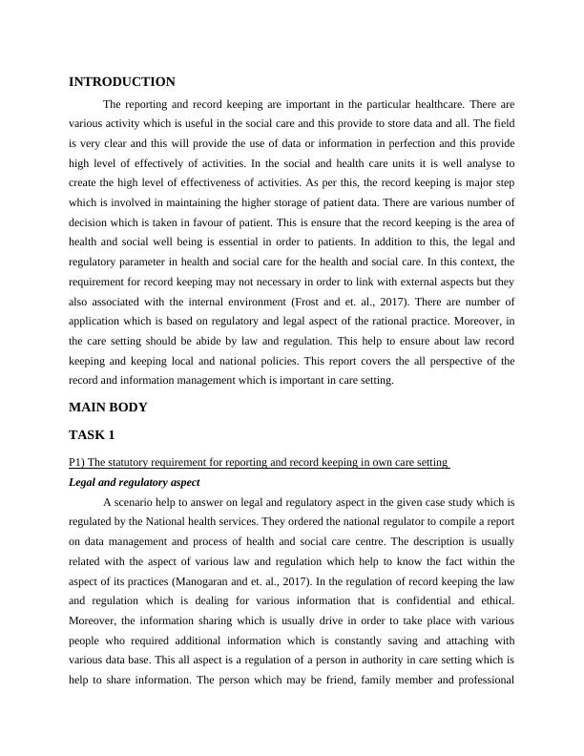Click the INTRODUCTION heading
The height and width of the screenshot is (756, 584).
click(x=122, y=82)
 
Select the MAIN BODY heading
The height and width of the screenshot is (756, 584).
click(x=109, y=407)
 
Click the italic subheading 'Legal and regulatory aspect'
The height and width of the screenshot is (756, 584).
click(x=135, y=482)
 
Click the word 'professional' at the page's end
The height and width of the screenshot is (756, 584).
click(x=486, y=682)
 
